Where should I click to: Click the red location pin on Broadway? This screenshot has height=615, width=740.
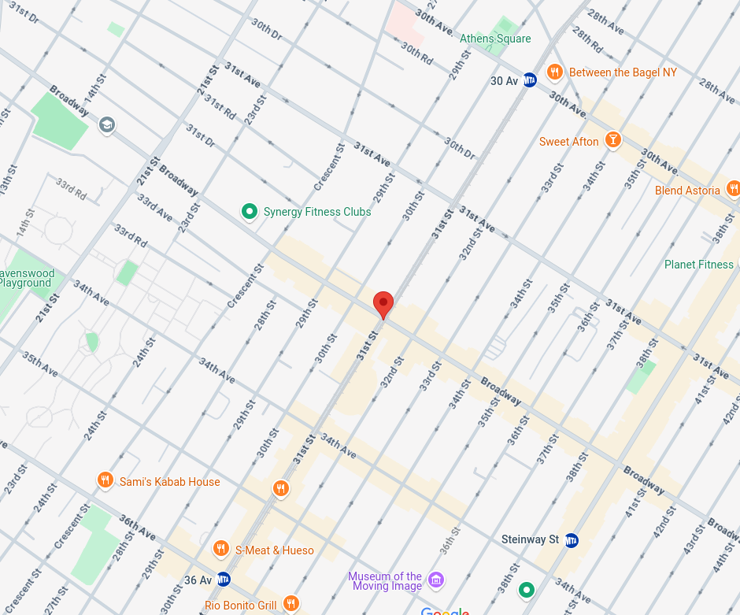click(383, 303)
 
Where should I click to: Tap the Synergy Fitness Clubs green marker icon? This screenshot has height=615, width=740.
click(250, 211)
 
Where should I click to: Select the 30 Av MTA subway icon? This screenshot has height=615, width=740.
click(530, 80)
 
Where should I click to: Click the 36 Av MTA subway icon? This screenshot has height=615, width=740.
click(224, 580)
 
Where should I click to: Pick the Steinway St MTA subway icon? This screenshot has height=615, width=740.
click(572, 540)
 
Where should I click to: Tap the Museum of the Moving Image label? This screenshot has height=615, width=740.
click(385, 581)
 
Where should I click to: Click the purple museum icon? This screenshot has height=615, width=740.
click(436, 581)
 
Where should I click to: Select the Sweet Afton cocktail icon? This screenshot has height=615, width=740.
click(612, 141)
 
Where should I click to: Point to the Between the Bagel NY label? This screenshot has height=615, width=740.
click(622, 72)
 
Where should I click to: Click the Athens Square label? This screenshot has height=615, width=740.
click(495, 39)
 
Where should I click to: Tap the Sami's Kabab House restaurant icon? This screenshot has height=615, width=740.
click(105, 481)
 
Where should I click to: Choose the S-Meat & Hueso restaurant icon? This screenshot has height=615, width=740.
click(221, 550)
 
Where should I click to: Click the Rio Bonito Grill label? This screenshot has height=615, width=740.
click(240, 605)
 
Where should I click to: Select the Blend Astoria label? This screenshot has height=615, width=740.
click(687, 191)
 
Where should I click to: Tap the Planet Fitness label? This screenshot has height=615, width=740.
click(698, 265)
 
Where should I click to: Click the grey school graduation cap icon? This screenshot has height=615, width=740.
click(107, 125)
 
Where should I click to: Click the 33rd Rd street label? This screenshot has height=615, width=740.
click(71, 187)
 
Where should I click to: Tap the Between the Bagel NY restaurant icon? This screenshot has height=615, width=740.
click(555, 72)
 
